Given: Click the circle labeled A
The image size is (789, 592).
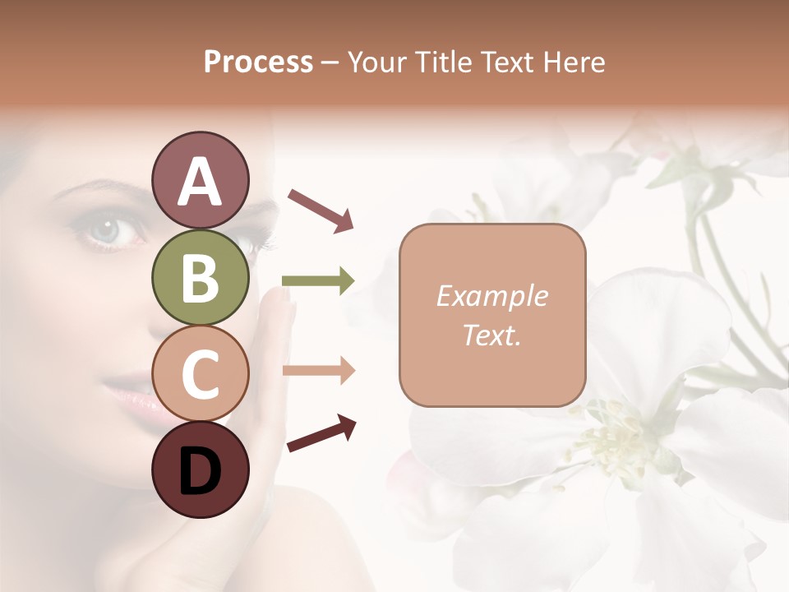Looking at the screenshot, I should pyautogui.click(x=200, y=180).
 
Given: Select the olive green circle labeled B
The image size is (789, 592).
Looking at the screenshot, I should pyautogui.click(x=200, y=277).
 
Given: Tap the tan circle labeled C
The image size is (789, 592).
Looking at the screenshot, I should pyautogui.click(x=200, y=374).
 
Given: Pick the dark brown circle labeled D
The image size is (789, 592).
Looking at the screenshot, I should pyautogui.click(x=200, y=470).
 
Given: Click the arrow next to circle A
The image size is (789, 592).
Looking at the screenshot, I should pyautogui.click(x=320, y=210).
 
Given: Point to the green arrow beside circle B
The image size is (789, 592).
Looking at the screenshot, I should pyautogui.click(x=318, y=281).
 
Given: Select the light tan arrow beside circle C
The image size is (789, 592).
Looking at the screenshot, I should pyautogui.click(x=318, y=371).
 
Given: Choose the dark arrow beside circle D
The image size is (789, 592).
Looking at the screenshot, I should pyautogui.click(x=321, y=433).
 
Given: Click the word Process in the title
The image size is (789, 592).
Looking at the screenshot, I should pyautogui.click(x=258, y=62).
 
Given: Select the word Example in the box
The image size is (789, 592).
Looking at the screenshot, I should pyautogui.click(x=491, y=296).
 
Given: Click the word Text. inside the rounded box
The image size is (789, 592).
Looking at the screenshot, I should pyautogui.click(x=491, y=335).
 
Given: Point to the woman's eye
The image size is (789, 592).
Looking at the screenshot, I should pyautogui.click(x=108, y=229).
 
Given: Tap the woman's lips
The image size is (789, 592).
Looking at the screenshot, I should pyautogui.click(x=136, y=394).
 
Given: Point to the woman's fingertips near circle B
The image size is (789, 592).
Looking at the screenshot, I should pyautogui.click(x=279, y=306).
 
